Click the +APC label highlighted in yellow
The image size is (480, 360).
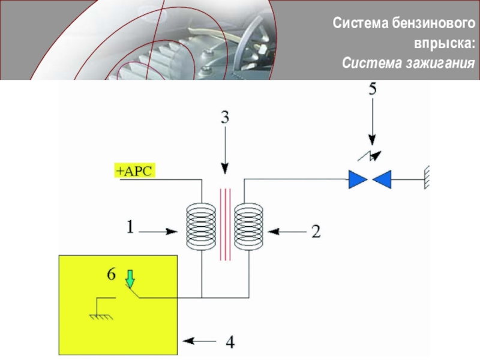click(x=135, y=171)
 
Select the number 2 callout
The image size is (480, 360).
click(x=316, y=231)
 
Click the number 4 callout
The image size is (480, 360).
click(x=230, y=343)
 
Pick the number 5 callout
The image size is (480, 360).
click(x=372, y=90)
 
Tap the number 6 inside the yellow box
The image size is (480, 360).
click(x=111, y=274)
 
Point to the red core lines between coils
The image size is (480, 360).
click(x=224, y=225)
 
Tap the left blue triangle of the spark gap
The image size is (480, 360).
click(x=358, y=179)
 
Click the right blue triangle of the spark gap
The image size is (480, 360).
click(x=382, y=179)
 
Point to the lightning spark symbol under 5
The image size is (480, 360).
click(x=370, y=155)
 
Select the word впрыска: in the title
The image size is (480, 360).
click(x=444, y=43)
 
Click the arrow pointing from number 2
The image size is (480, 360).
click(x=286, y=230)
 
